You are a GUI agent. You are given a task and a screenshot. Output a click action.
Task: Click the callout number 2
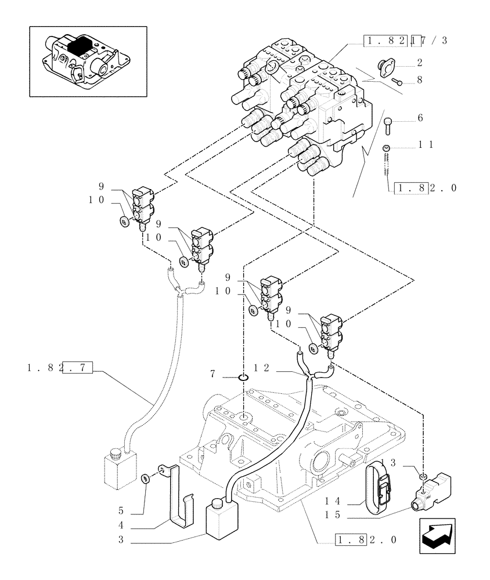tap(419, 62)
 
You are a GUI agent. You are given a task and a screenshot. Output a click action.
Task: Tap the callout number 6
tap(419, 118)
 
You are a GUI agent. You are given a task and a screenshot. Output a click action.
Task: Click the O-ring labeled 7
tap(243, 378)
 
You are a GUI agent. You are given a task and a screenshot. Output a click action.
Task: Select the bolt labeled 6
tap(388, 122)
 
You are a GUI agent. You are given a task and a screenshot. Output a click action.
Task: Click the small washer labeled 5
tap(145, 478)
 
